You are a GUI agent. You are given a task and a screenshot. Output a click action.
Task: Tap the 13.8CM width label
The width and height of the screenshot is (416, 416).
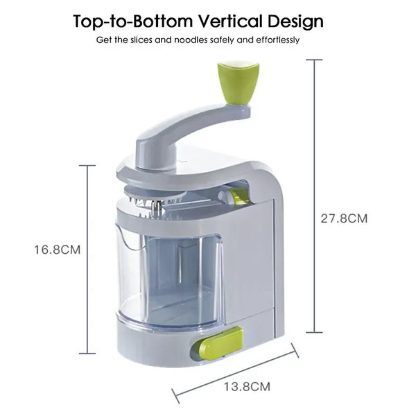(x=246, y=386)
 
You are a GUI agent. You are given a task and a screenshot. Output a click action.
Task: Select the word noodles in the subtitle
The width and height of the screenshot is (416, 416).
(x=203, y=40)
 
